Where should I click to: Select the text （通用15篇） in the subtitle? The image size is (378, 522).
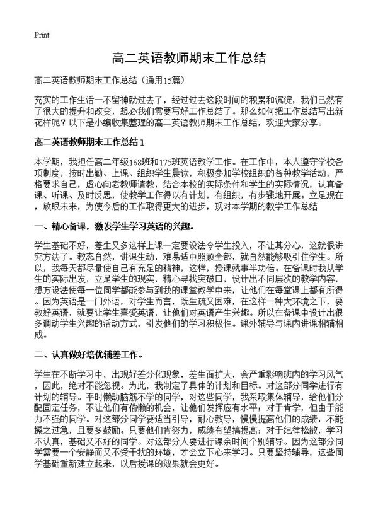pos(164,81)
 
